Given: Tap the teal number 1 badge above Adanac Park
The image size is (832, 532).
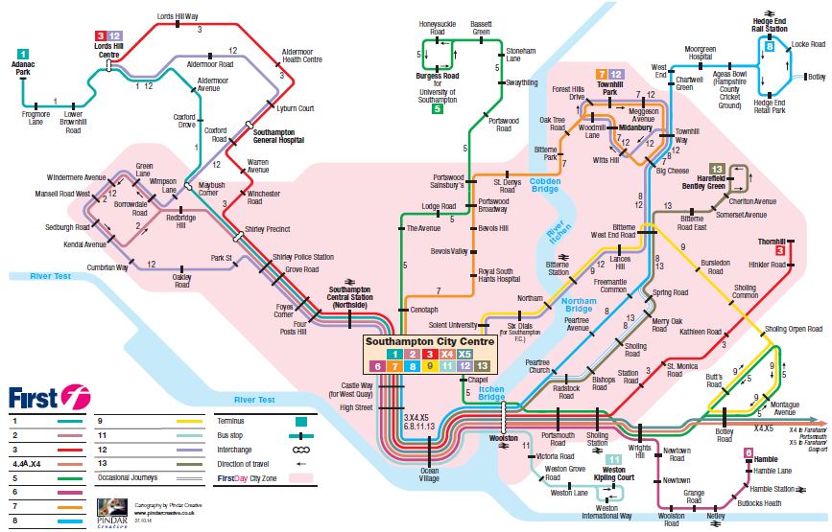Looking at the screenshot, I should tap(22, 55).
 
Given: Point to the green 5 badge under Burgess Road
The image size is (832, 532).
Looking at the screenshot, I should tap(437, 109).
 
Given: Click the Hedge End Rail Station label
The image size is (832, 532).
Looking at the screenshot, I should tap(769, 25).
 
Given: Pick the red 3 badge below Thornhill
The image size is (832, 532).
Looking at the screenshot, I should tap(780, 251).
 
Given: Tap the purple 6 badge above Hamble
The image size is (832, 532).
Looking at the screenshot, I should tap(748, 452).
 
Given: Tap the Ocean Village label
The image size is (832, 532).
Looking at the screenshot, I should tap(428, 472).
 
